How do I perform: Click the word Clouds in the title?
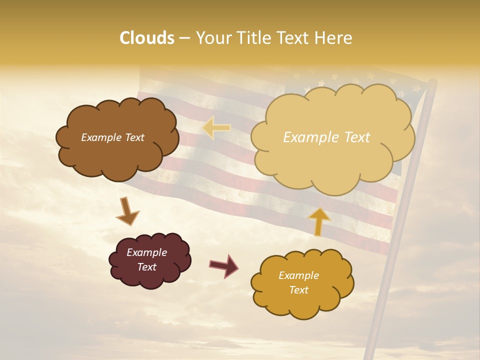(147, 38)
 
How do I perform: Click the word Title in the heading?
(248, 38)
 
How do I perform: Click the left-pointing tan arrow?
(216, 128)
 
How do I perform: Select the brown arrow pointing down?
(127, 211)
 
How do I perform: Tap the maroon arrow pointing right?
(223, 265)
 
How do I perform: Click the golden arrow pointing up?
(318, 221)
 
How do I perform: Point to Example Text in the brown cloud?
(112, 137)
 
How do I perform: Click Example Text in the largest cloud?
(326, 137)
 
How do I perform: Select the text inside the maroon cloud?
(146, 260)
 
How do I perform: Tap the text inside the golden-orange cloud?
(298, 282)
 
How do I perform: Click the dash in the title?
(184, 38)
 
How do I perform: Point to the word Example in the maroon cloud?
(146, 252)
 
